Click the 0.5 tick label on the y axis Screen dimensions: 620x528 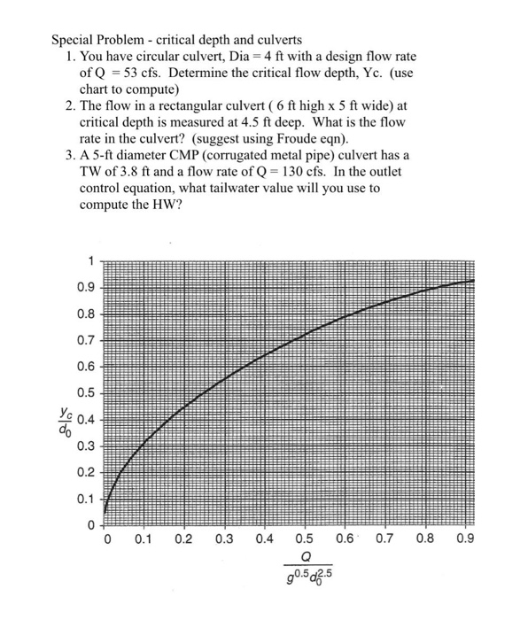[x=85, y=393]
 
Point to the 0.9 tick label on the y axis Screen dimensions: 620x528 [x=85, y=287]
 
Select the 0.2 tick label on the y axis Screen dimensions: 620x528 [x=85, y=473]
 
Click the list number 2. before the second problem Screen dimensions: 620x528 [x=72, y=106]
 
